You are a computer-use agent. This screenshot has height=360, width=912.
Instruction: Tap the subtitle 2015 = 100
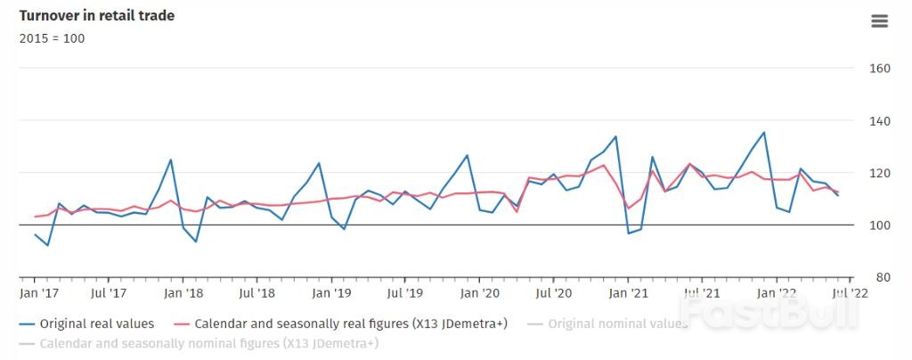point(52,38)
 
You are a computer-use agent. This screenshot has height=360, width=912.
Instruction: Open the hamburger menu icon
point(879,21)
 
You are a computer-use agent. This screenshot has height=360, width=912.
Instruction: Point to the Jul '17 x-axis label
point(110,292)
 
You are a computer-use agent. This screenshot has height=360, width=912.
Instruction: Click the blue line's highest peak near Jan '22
point(763,132)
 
